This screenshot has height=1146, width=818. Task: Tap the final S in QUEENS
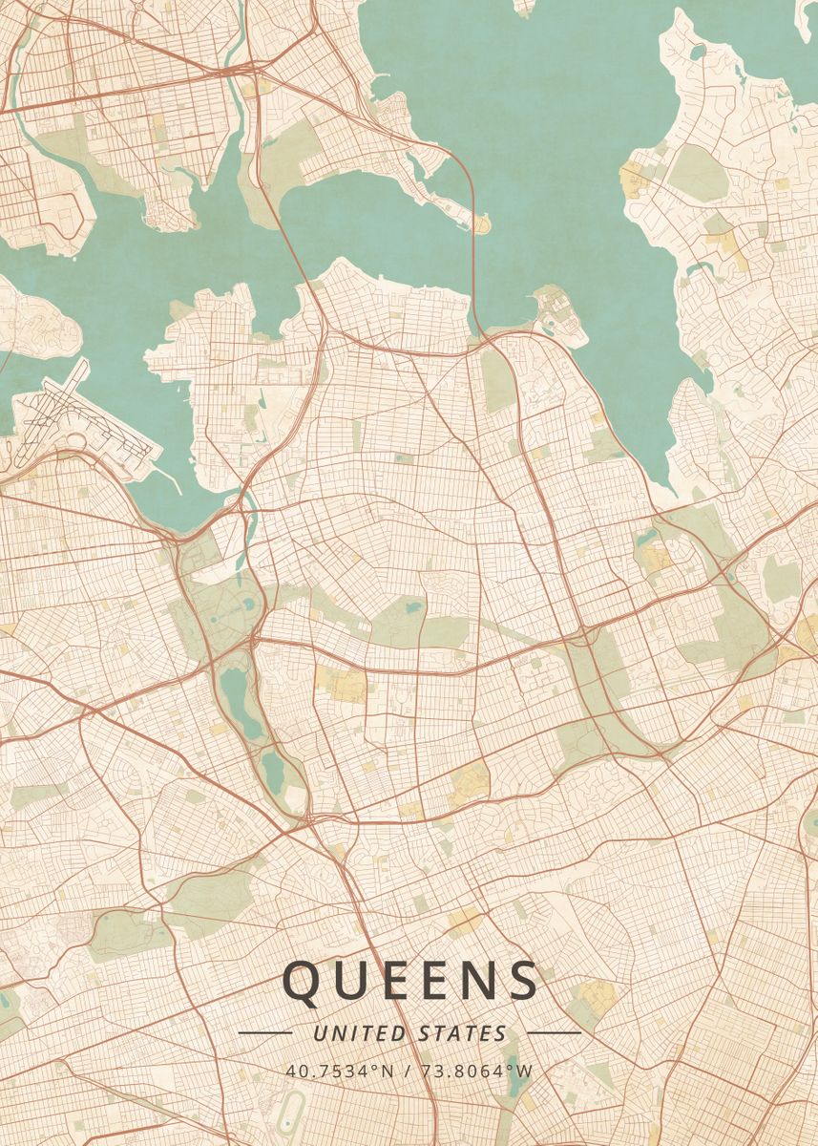(521, 982)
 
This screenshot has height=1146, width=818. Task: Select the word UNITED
(361, 1033)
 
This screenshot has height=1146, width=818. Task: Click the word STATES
(463, 1033)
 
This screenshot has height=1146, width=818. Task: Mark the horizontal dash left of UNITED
(264, 1032)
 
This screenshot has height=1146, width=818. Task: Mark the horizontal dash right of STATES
(554, 1032)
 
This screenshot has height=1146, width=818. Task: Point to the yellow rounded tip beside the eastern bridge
(480, 223)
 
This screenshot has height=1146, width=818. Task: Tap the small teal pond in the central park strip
(412, 605)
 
